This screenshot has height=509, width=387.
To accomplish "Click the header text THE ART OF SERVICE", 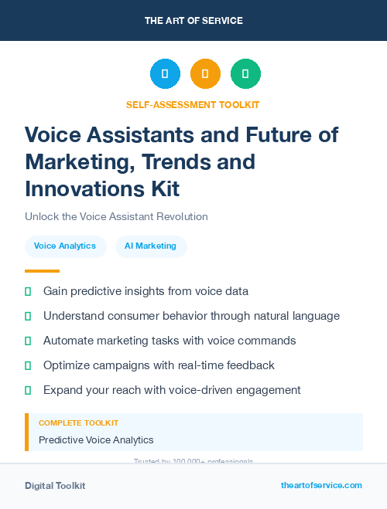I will tap(193, 21).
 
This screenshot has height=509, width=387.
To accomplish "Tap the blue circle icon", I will tap(165, 74).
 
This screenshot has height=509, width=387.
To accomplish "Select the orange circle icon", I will tap(205, 74).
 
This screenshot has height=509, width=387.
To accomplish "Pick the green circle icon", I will tap(245, 74).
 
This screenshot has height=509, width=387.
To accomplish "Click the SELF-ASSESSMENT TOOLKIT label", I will tap(193, 104).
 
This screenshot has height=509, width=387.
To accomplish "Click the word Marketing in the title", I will tap(74, 162).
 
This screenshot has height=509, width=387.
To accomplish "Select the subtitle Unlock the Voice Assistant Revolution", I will tap(116, 217).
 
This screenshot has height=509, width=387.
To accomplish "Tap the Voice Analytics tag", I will tap(65, 246).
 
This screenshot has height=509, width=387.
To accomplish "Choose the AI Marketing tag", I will tap(151, 246).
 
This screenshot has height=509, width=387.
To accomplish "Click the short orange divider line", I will tap(42, 271).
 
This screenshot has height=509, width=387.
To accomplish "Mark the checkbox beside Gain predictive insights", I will tap(29, 291).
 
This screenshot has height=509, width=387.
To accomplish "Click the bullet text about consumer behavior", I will tap(191, 316).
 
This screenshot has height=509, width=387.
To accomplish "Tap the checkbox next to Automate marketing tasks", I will tap(29, 341).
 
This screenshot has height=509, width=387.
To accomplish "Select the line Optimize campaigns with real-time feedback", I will tap(159, 365).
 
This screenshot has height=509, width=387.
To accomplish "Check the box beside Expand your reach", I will tap(29, 390).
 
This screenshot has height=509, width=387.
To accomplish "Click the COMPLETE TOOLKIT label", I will tap(78, 423).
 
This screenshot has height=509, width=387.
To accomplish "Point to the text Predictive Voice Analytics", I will tap(96, 440).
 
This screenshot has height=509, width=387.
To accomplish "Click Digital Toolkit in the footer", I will tap(55, 486).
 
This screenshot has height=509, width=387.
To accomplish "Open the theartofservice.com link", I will tap(321, 485).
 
